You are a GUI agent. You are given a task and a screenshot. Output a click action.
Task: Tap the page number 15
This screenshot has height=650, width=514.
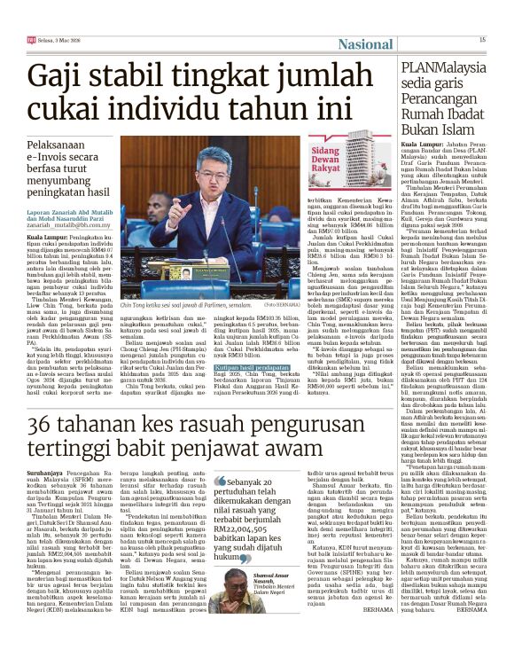tap(482, 39)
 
